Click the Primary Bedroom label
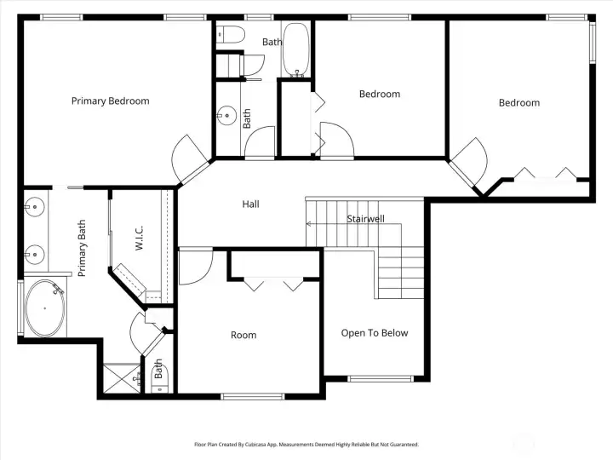110,101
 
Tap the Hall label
250,204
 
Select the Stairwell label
365,219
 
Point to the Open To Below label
375,333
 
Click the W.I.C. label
139,238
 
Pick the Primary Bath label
82,248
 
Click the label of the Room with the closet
243,335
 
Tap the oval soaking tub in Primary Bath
45,308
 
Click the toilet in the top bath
231,34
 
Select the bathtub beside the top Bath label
296,50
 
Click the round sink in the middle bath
226,115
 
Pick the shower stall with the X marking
122,378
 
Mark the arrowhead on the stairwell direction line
308,224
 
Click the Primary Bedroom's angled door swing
190,158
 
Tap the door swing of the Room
196,266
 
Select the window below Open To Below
381,378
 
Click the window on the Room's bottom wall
253,397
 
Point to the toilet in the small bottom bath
159,378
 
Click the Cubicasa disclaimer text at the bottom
306,445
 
